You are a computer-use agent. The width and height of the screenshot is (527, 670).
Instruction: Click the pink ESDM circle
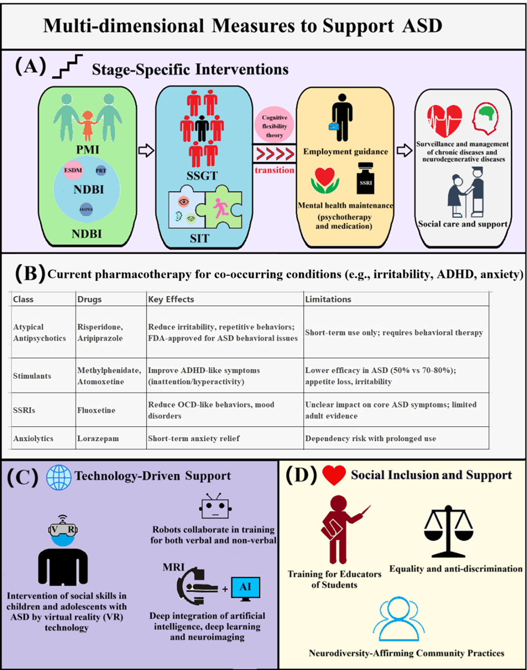pyautogui.click(x=73, y=170)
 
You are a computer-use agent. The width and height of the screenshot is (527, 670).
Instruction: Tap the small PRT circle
pyautogui.click(x=101, y=171)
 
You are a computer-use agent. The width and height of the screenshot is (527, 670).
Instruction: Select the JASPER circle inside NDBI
pyautogui.click(x=86, y=209)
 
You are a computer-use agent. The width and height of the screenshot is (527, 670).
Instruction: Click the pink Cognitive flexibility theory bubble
pyautogui.click(x=274, y=126)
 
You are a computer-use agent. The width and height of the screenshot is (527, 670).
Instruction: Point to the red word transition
pyautogui.click(x=274, y=170)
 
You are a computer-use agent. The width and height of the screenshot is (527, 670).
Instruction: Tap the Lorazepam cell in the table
pyautogui.click(x=98, y=438)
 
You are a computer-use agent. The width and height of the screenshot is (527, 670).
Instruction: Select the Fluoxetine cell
pyautogui.click(x=96, y=410)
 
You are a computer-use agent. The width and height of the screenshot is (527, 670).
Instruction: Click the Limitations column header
pyautogui.click(x=328, y=299)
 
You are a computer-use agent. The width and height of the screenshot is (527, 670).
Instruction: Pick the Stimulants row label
pyautogui.click(x=32, y=376)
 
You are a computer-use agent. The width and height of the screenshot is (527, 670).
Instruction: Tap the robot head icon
pyautogui.click(x=215, y=508)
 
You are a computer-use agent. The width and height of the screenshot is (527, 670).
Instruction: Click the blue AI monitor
pyautogui.click(x=245, y=588)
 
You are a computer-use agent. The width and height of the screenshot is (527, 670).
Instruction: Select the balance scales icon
pyautogui.click(x=448, y=531)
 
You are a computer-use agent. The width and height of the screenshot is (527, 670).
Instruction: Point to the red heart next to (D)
pyautogui.click(x=334, y=475)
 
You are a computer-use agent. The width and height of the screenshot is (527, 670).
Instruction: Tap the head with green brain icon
pyautogui.click(x=485, y=119)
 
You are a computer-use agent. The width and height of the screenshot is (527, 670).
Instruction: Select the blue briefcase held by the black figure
pyautogui.click(x=333, y=127)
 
